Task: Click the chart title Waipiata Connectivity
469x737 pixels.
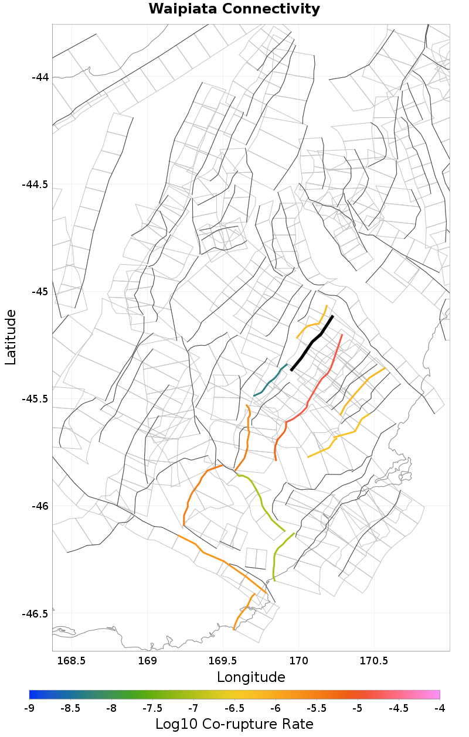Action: [234, 9]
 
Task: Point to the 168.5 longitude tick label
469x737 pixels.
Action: [72, 661]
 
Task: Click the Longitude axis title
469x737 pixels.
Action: [251, 678]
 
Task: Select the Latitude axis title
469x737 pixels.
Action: [11, 337]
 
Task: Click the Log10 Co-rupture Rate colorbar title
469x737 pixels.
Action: [234, 724]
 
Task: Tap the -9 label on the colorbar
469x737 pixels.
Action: [29, 708]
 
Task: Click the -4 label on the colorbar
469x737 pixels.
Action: [440, 708]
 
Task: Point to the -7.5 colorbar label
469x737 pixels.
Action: [152, 708]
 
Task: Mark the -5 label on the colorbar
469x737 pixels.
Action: [358, 708]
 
